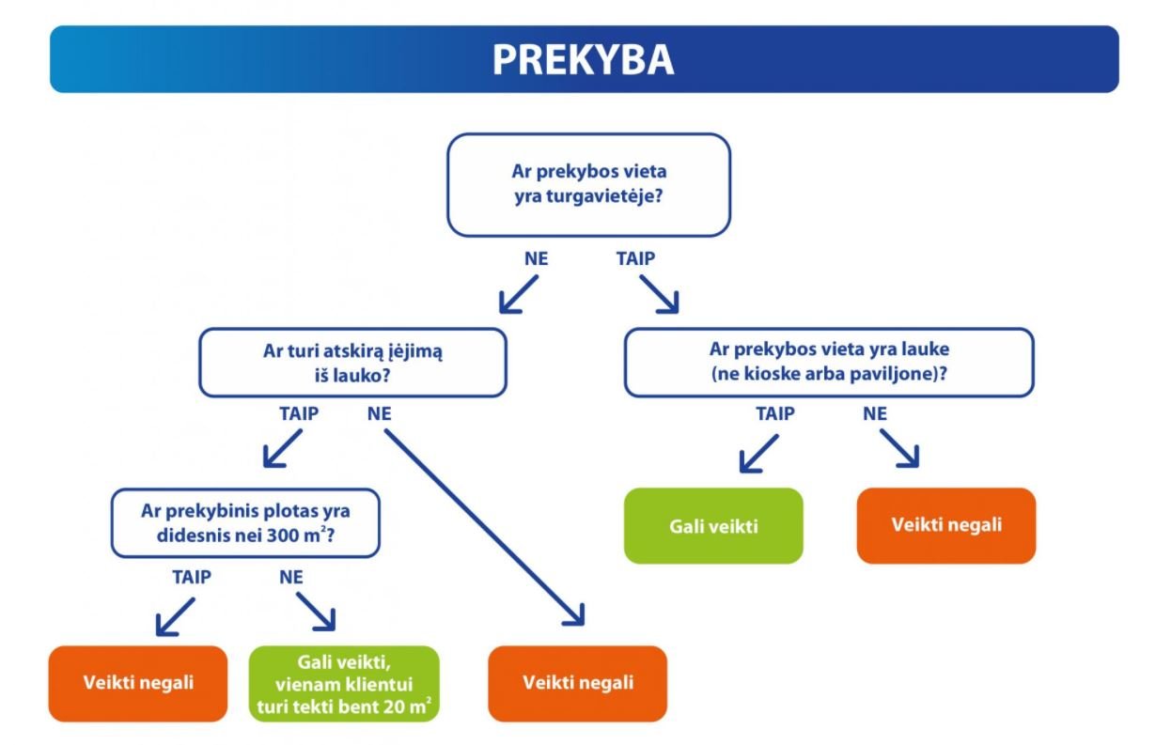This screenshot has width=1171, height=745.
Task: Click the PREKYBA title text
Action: [584, 59]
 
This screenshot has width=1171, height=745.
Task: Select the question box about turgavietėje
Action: [588, 185]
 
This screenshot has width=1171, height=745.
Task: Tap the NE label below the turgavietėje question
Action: [537, 258]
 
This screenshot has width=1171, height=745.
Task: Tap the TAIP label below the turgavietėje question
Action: [635, 258]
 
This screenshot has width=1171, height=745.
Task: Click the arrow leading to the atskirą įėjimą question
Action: [519, 295]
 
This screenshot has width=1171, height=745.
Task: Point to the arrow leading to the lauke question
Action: [659, 295]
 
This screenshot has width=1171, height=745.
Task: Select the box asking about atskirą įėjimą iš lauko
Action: [352, 363]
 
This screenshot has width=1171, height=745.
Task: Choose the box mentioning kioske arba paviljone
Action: [829, 363]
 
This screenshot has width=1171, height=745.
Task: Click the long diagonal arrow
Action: [485, 527]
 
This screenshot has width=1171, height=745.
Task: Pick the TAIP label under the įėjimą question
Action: [299, 413]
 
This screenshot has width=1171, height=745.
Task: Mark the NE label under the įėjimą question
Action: [380, 413]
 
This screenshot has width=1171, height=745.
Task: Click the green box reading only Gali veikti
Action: [713, 526]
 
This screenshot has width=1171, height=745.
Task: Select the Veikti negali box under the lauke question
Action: [946, 525]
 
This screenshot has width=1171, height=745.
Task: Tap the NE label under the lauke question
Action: [875, 413]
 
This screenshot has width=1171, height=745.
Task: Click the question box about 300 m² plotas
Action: [245, 523]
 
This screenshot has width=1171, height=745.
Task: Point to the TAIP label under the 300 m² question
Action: [192, 577]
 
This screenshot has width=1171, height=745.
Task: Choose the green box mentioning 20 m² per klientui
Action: [345, 684]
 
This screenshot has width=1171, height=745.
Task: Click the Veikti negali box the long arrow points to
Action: [578, 684]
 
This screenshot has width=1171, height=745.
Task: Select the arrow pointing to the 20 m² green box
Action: [316, 612]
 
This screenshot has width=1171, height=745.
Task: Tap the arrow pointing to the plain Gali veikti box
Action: [759, 454]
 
